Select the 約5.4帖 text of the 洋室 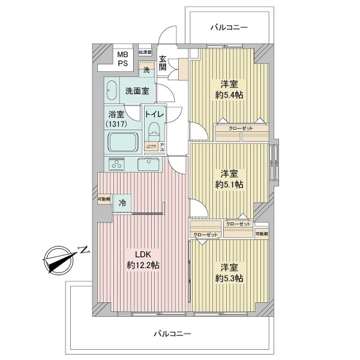[230, 95]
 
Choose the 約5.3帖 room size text [230, 278]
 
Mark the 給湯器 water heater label [145, 52]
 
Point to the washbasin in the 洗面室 [112, 92]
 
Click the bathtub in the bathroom [123, 143]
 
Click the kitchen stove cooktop [116, 163]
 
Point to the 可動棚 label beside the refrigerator [104, 199]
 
